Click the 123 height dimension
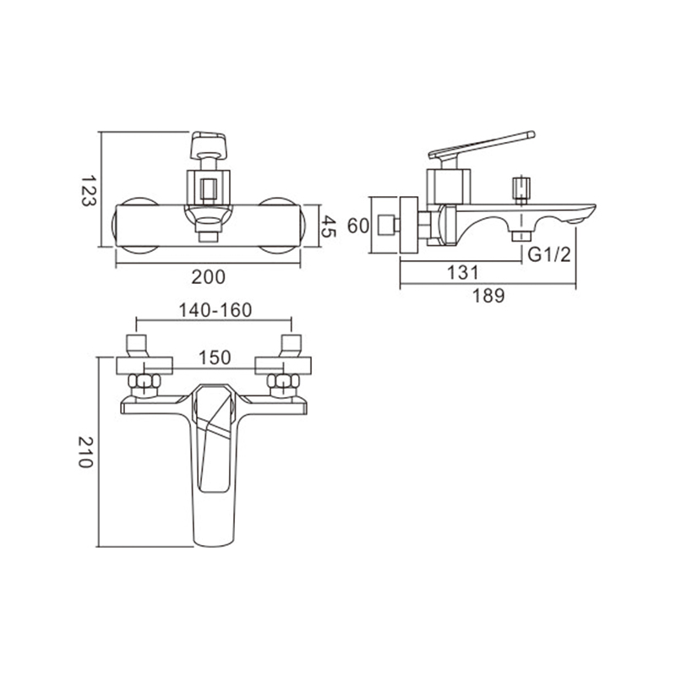click(88, 190)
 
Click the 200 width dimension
click(208, 277)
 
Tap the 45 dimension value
click(329, 226)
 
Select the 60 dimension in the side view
click(358, 226)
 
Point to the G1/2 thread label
click(549, 255)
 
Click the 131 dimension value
click(462, 272)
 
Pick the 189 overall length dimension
click(488, 296)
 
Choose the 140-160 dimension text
click(215, 310)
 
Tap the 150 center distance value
click(215, 357)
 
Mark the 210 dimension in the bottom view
click(85, 452)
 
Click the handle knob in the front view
click(208, 145)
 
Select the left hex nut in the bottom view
click(144, 382)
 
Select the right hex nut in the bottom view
click(283, 382)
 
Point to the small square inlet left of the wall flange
click(387, 226)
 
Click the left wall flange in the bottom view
click(144, 366)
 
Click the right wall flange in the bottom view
click(283, 366)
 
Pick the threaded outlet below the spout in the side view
click(521, 237)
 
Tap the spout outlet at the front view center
click(208, 237)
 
